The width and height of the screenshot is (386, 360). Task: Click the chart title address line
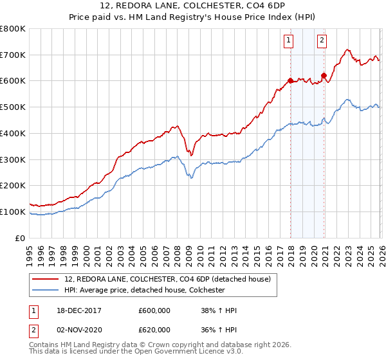(x=192, y=6)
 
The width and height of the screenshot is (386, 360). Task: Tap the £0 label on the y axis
(x=21, y=238)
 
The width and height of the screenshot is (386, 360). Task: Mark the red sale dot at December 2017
(x=290, y=81)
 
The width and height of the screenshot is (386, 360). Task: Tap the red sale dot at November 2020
(x=324, y=76)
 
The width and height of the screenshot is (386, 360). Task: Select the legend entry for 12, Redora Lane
(x=153, y=279)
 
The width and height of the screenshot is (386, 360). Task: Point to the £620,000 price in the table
(x=155, y=329)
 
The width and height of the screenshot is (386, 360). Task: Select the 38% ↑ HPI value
(x=219, y=310)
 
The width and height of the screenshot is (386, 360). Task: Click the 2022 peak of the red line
(x=347, y=50)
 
